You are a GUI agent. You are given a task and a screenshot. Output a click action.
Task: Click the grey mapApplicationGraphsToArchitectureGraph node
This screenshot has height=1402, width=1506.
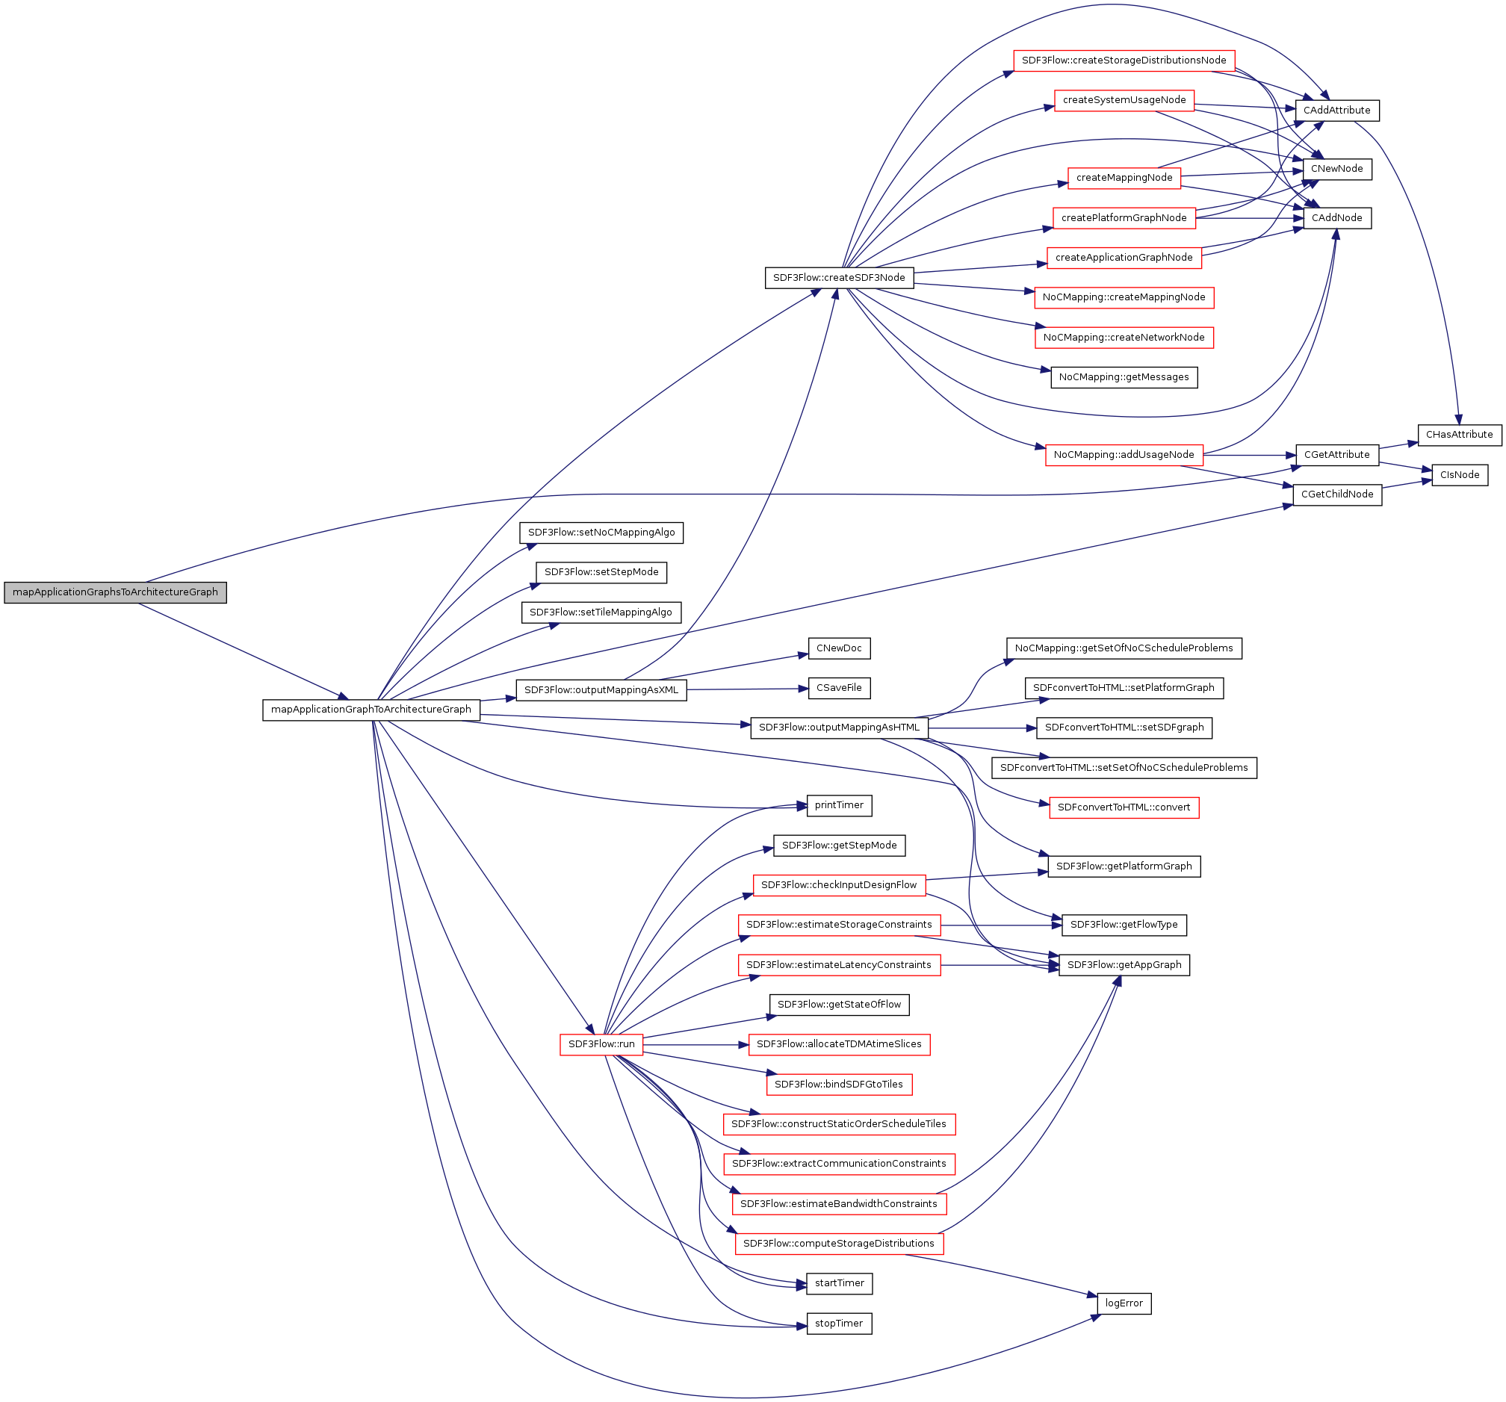[x=115, y=592]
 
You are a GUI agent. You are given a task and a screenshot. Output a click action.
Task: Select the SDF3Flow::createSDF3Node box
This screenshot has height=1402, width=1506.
[x=839, y=278]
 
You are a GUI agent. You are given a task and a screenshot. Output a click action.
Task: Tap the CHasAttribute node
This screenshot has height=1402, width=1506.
[x=1459, y=435]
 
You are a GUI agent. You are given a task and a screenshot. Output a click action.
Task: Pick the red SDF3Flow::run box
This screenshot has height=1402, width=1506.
[x=601, y=1044]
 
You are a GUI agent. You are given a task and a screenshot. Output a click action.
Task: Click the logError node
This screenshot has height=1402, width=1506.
[x=1124, y=1303]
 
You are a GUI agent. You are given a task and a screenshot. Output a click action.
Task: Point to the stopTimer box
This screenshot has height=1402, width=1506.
[x=839, y=1324]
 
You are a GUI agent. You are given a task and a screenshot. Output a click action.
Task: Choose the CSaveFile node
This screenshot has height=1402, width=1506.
[x=839, y=689]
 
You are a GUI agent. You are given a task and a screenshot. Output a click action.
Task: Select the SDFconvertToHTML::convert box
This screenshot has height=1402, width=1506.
[x=1124, y=807]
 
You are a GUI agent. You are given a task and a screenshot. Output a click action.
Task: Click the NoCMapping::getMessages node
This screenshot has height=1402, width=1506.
[x=1124, y=377]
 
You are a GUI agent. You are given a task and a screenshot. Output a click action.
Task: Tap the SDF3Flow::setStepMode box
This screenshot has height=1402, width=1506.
[x=601, y=573]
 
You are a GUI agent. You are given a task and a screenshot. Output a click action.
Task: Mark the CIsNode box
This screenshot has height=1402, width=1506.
[x=1459, y=475]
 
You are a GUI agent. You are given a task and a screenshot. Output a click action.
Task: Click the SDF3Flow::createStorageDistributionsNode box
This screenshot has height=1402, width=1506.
[x=1124, y=61]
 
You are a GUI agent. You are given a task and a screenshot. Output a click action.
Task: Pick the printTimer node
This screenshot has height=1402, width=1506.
[x=839, y=805]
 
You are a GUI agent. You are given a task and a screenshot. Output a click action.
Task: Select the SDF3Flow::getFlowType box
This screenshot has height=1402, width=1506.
[x=1124, y=925]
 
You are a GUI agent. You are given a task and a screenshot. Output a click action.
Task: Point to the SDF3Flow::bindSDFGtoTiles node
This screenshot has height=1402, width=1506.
[x=839, y=1085]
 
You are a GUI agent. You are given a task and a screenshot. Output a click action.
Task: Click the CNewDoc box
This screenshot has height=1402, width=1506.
[x=839, y=649]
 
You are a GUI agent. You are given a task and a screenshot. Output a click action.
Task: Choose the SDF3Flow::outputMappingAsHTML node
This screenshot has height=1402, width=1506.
[x=839, y=728]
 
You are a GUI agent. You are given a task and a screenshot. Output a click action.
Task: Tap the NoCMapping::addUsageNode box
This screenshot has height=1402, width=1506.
[x=1124, y=455]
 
